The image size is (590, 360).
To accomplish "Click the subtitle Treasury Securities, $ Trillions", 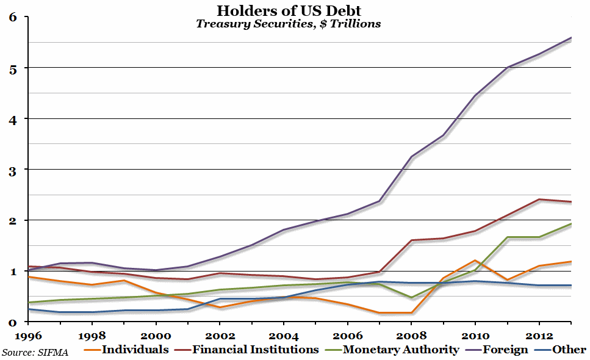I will tap(289, 24).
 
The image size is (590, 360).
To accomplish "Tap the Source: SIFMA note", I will tap(35, 352).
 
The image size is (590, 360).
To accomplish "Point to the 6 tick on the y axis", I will tap(11, 17).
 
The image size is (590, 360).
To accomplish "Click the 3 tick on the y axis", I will tap(11, 170).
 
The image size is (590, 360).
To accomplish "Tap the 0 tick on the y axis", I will tap(11, 322).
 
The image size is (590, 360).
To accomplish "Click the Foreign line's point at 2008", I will tap(412, 157).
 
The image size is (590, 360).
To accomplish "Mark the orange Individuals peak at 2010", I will tap(476, 261).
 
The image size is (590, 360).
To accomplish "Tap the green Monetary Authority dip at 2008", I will tap(412, 298).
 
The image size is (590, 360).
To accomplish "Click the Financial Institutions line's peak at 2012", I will tap(539, 199).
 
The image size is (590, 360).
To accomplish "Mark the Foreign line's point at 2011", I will tap(508, 68).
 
